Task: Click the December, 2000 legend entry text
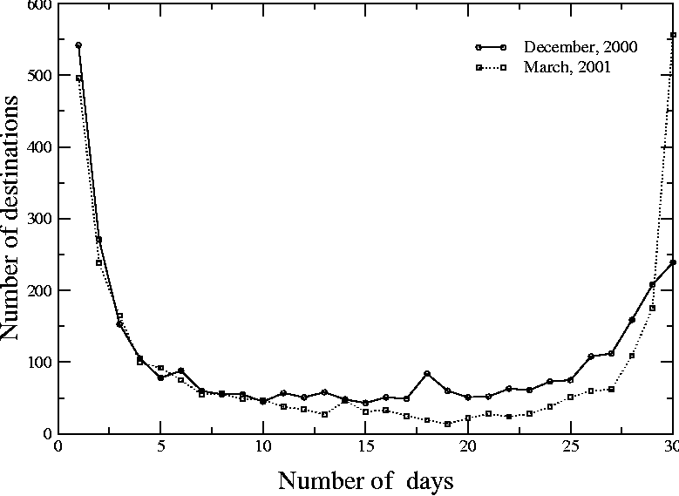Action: tap(581, 47)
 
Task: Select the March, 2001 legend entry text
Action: tap(567, 66)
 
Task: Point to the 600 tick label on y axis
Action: tap(38, 5)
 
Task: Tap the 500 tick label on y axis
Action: tap(38, 76)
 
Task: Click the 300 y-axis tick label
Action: tap(38, 219)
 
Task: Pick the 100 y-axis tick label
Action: tap(38, 362)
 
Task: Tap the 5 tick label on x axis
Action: tap(160, 447)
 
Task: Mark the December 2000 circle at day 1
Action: tap(78, 45)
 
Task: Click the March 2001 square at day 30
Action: tap(673, 35)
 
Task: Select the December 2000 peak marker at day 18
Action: tap(427, 373)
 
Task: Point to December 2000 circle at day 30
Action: tap(673, 262)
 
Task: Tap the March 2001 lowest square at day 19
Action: tap(447, 424)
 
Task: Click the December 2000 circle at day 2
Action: tap(99, 239)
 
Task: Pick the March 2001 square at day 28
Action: tap(632, 356)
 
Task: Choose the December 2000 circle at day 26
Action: tap(591, 357)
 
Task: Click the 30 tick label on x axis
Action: tap(671, 447)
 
